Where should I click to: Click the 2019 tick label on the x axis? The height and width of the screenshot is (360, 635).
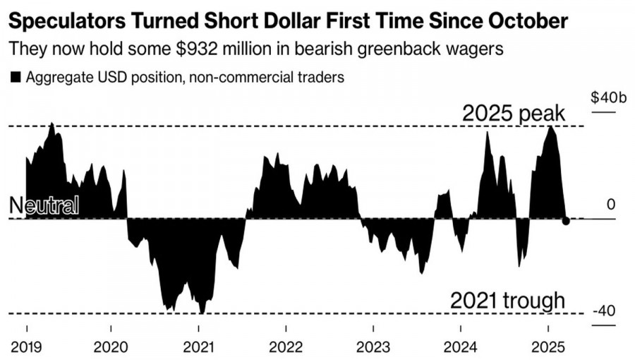coord(28,348)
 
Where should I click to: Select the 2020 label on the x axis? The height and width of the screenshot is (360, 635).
coord(111,348)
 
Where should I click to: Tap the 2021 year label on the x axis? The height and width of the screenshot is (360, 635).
coord(198,348)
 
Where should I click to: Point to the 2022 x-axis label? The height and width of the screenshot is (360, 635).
coord(286,348)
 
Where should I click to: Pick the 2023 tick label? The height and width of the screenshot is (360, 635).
coord(373,348)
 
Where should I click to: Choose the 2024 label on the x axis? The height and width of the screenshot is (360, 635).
coord(460,348)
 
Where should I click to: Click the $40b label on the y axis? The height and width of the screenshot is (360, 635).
coord(604,97)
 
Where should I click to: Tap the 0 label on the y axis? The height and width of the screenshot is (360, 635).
coord(611,205)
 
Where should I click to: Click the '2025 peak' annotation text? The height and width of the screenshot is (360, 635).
coord(513,114)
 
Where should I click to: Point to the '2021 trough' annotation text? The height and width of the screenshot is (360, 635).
coord(507,301)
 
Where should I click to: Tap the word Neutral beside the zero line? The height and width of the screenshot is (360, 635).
coord(44,205)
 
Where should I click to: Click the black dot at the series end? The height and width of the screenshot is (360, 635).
coord(566,221)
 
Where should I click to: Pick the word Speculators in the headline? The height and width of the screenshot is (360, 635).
coord(68,22)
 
